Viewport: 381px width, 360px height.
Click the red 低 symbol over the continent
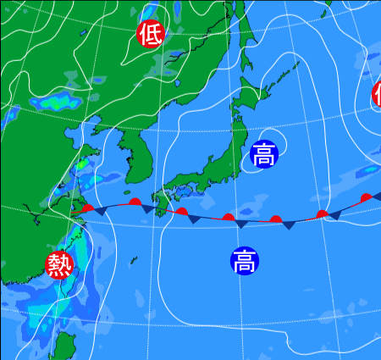click(152, 34)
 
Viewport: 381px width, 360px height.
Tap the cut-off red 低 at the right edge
click(377, 93)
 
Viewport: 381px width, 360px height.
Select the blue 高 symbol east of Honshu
click(263, 155)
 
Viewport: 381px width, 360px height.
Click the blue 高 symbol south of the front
click(244, 260)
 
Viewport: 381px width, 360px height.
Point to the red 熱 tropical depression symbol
click(59, 265)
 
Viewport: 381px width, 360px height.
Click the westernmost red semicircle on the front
click(87, 206)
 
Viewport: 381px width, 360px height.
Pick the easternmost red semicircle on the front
click(366, 197)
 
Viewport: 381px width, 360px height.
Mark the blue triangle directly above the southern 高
click(241, 224)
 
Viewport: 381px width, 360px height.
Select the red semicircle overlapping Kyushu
click(181, 211)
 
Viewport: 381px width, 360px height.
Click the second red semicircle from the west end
click(135, 202)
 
